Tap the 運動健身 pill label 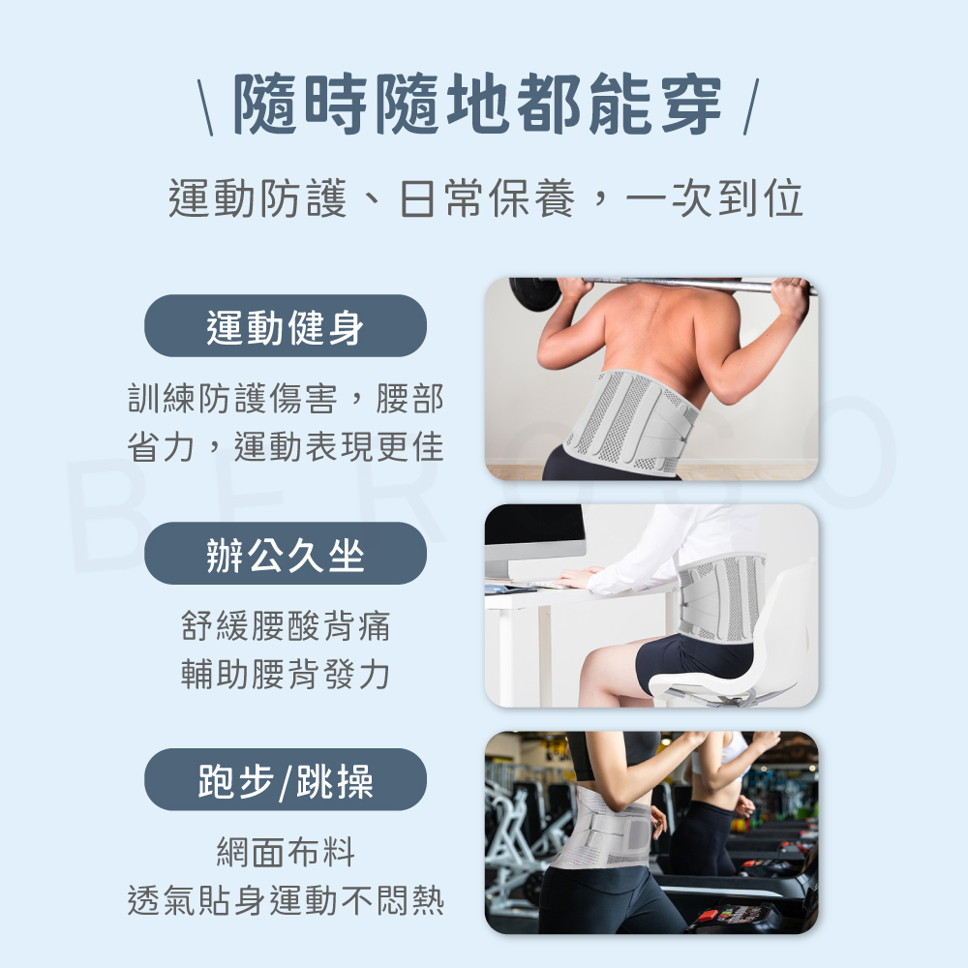[x=286, y=326]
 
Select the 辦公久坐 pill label [x=286, y=554]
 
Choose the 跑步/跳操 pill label [x=286, y=780]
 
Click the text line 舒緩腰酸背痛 [x=286, y=626]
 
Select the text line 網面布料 [x=286, y=853]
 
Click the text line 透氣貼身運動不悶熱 [x=286, y=901]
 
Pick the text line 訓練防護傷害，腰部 [x=286, y=399]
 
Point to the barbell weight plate [x=531, y=291]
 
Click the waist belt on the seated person [x=721, y=596]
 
